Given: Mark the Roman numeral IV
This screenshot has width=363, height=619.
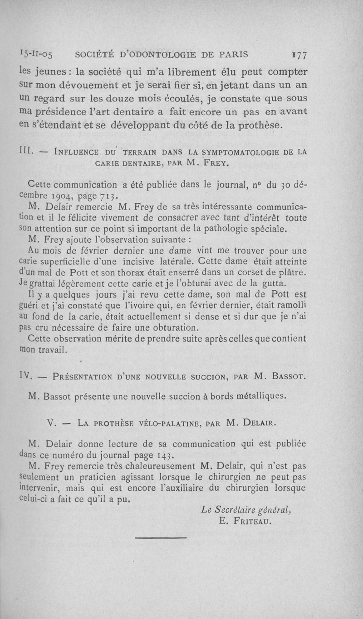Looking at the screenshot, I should pyautogui.click(x=25, y=375).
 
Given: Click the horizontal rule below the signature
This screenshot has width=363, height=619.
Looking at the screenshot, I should pyautogui.click(x=161, y=537).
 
